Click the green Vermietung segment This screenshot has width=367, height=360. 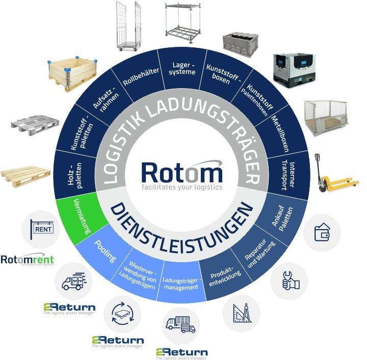click(x=82, y=216)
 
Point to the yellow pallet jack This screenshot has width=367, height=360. click(x=333, y=175)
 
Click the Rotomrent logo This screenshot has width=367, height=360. click(x=27, y=261)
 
